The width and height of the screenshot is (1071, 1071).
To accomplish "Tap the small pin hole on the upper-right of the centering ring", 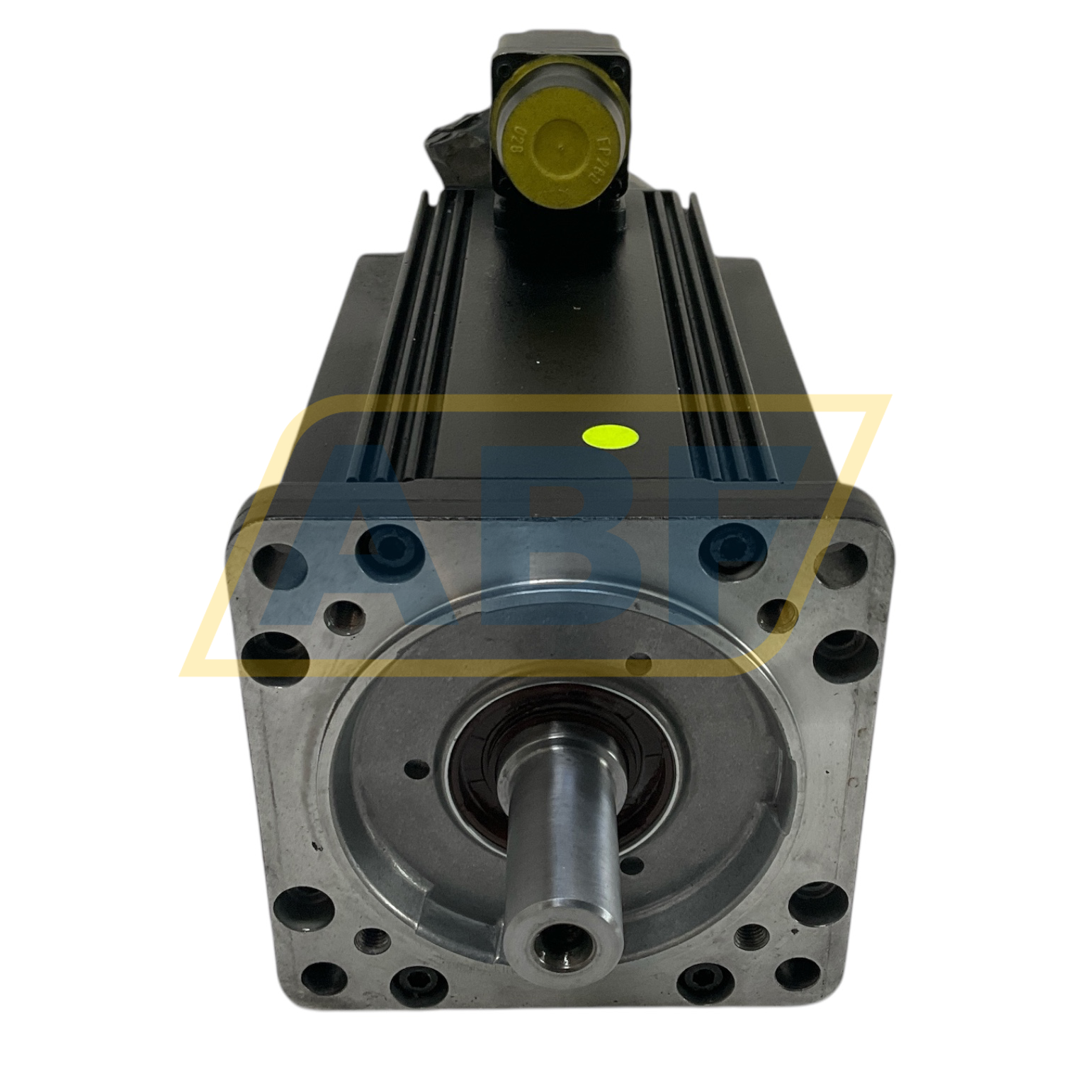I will coord(640,664).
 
